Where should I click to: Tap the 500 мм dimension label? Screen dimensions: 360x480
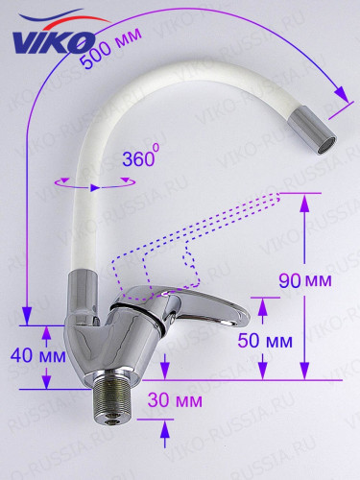(110, 48)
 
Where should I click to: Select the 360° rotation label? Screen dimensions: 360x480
(141, 156)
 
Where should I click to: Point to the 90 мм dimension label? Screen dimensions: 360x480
(305, 280)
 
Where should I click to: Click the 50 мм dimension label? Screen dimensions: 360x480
(265, 340)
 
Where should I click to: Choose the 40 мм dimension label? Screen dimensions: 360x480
(38, 355)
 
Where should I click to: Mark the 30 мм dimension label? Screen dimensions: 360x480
(175, 400)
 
